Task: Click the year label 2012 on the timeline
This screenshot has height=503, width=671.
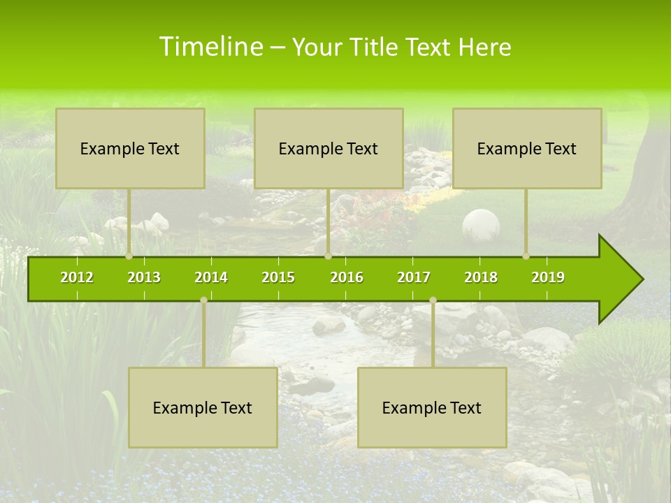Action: click(x=77, y=277)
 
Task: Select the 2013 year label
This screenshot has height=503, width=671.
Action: click(x=144, y=277)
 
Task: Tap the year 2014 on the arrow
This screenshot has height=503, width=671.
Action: click(x=211, y=277)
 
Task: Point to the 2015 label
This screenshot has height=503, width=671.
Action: click(x=278, y=277)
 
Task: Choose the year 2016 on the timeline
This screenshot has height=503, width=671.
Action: click(x=347, y=277)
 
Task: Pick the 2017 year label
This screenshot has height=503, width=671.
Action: click(x=414, y=277)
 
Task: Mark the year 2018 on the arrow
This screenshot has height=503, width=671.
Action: click(x=481, y=277)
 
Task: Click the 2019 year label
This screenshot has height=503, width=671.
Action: click(x=548, y=277)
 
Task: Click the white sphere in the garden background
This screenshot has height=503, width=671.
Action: click(x=481, y=226)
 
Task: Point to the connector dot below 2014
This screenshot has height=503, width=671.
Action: click(x=203, y=300)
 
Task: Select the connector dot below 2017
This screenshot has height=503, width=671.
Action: click(x=433, y=300)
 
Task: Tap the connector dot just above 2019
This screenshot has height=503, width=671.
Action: click(x=526, y=256)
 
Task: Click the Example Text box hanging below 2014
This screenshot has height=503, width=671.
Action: click(x=203, y=407)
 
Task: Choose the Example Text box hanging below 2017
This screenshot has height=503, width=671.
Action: click(x=432, y=407)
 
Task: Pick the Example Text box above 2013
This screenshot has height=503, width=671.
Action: click(x=130, y=148)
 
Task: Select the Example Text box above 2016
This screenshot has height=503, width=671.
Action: click(x=329, y=148)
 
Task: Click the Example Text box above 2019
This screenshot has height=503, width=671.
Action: click(x=527, y=148)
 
